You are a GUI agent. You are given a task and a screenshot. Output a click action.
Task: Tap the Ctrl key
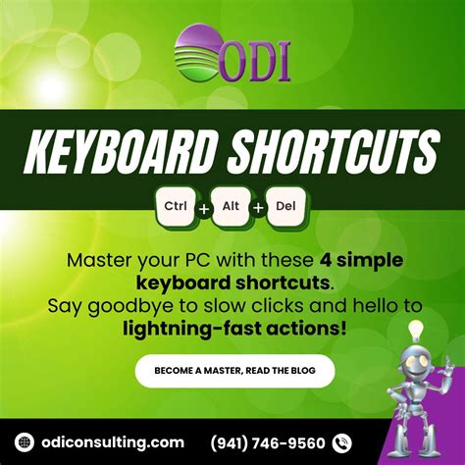[177, 207]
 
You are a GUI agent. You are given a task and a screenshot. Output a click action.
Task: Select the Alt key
[232, 207]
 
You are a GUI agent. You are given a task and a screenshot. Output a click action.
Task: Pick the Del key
[287, 207]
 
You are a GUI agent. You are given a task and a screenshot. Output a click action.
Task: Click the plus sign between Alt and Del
[260, 209]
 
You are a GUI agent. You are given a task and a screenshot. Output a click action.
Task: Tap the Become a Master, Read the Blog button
[234, 371]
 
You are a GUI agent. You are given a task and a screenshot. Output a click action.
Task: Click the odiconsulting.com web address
[114, 442]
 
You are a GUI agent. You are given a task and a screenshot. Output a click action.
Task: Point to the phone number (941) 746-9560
[269, 442]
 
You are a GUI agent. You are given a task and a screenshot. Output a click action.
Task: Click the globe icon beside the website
[26, 442]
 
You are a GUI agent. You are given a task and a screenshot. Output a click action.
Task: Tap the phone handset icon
[342, 442]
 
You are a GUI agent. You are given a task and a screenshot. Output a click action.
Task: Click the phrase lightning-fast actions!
[234, 327]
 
